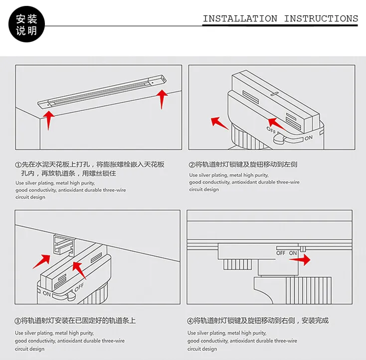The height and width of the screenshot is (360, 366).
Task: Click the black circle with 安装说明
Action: click(x=26, y=25)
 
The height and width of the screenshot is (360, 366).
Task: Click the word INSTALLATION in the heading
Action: click(x=240, y=19)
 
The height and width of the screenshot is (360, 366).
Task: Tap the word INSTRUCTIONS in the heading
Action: click(x=321, y=19)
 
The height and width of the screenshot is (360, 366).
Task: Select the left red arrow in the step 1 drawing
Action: click(x=48, y=120)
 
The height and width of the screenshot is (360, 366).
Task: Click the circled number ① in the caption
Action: click(x=18, y=165)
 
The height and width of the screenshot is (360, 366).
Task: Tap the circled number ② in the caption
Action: click(x=192, y=165)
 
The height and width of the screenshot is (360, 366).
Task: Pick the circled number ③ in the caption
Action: click(x=18, y=321)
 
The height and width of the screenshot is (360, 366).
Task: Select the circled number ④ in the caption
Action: click(x=190, y=321)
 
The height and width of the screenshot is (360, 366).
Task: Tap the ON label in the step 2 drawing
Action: click(x=309, y=138)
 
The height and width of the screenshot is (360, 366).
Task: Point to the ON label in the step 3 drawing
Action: click(x=46, y=294)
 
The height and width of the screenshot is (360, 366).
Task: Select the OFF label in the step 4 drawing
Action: click(x=281, y=253)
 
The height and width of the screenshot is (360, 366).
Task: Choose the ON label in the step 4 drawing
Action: click(x=293, y=253)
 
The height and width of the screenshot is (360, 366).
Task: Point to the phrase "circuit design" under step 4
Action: click(x=202, y=349)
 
